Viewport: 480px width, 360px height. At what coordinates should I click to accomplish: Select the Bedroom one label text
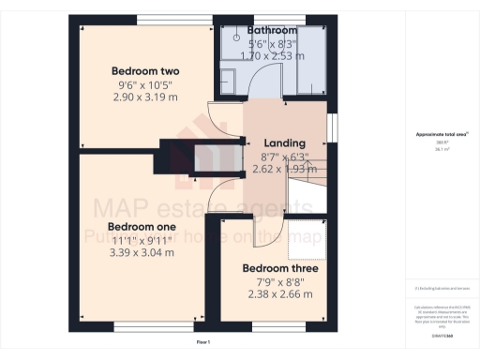tap(142, 227)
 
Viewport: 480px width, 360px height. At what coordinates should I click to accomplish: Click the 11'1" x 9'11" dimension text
tap(142, 239)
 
